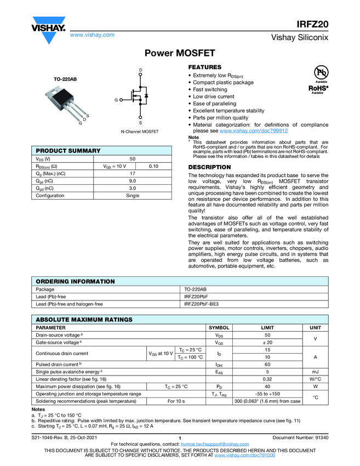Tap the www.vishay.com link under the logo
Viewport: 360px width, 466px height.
click(92, 35)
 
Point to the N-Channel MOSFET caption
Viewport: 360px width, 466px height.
click(140, 132)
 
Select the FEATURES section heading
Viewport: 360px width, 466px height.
click(204, 67)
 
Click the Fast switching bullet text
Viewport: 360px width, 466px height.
click(210, 89)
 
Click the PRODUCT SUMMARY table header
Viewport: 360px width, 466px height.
click(68, 151)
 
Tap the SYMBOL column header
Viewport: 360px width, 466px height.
click(219, 327)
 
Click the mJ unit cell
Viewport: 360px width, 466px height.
click(316, 372)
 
